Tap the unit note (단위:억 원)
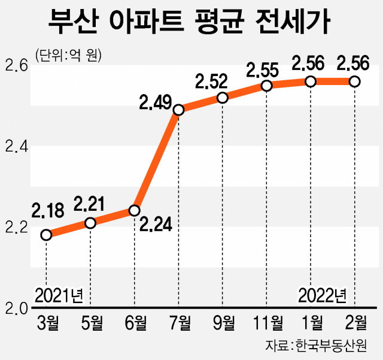click(68, 56)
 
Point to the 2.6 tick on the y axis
click(17, 64)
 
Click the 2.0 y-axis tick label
click(17, 308)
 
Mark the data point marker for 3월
click(46, 235)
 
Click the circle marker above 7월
click(178, 110)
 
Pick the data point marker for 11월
click(266, 86)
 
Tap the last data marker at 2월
click(354, 81)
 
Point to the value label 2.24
click(157, 225)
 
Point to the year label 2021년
click(59, 295)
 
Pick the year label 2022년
click(323, 295)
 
